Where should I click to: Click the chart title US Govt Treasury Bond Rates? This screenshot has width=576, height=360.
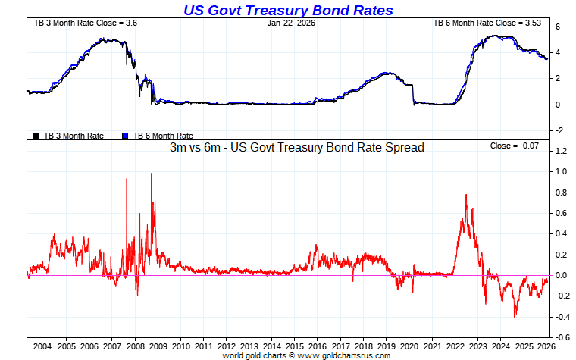[x=288, y=10]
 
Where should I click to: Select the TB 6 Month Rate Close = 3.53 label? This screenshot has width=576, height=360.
[x=488, y=23]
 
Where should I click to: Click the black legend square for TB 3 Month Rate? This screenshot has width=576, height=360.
[x=35, y=136]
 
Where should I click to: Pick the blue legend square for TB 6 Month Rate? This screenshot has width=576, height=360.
[x=126, y=136]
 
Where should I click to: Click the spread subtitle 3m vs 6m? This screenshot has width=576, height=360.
[x=296, y=148]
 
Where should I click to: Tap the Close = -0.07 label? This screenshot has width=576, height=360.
[x=515, y=145]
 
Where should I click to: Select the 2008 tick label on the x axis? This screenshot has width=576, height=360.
[x=135, y=346]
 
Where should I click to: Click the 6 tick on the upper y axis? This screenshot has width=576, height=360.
[x=558, y=27]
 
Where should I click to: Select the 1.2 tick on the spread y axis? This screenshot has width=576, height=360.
[x=561, y=151]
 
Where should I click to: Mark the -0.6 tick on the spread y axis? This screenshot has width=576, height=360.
[x=561, y=337]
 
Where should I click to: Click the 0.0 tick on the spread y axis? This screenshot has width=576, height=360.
[x=561, y=275]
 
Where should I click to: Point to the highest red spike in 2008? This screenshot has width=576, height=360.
[x=151, y=174]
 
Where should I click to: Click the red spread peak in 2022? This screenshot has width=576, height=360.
[x=466, y=196]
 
